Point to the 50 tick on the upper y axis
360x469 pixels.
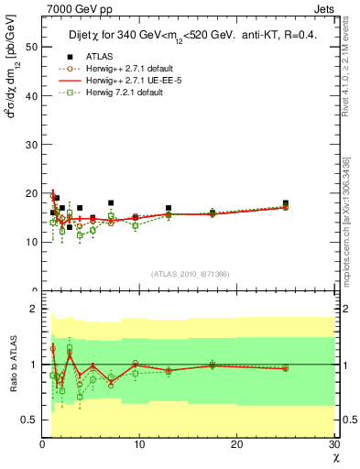pyautogui.click(x=32, y=47)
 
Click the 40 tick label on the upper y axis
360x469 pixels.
pyautogui.click(x=32, y=95)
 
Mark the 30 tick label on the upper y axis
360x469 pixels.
pyautogui.click(x=32, y=144)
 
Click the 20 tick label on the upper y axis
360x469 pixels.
pyautogui.click(x=32, y=193)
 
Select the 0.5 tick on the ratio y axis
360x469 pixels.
pyautogui.click(x=31, y=420)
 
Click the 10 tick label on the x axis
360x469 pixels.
pyautogui.click(x=138, y=445)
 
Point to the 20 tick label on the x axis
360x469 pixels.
pyautogui.click(x=236, y=445)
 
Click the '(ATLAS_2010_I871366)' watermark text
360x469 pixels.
pyautogui.click(x=190, y=274)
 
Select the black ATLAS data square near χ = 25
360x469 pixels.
pyautogui.click(x=286, y=203)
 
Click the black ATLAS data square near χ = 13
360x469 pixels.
pyautogui.click(x=169, y=208)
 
